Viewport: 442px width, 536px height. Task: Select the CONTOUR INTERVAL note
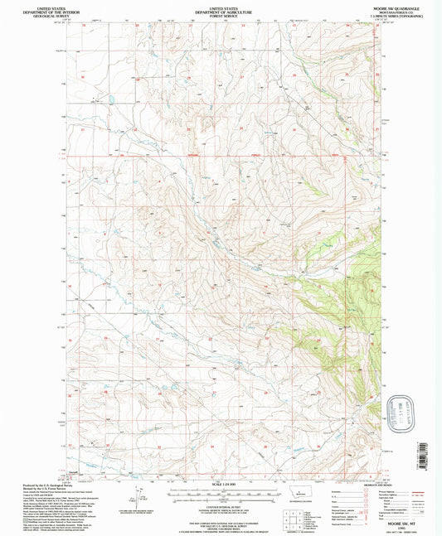coord(220,505)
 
